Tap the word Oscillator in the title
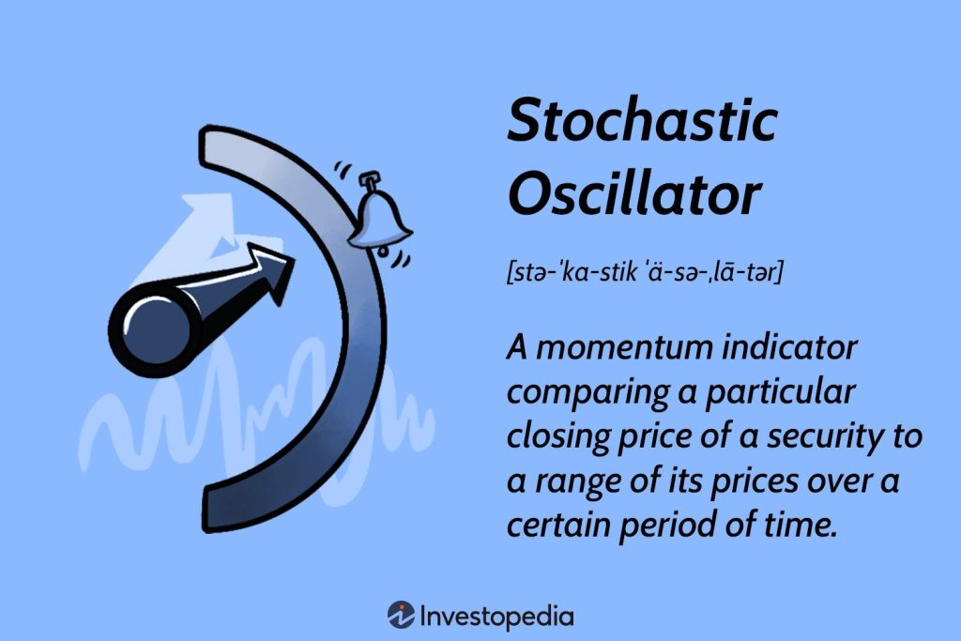click(633, 194)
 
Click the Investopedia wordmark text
click(496, 617)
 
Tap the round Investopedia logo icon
click(401, 616)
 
